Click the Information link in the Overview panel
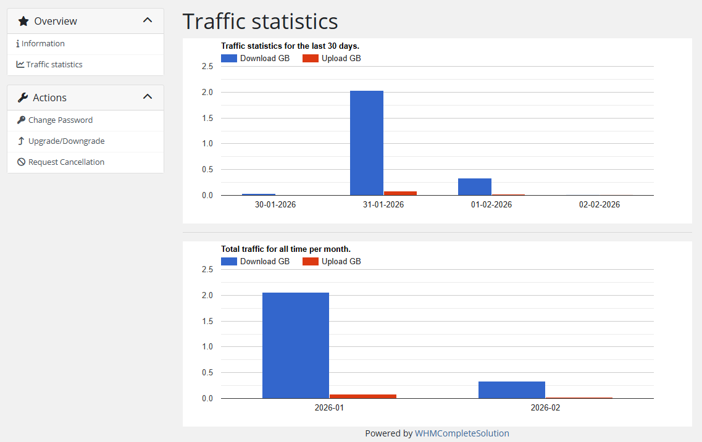[43, 44]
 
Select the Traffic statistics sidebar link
[54, 65]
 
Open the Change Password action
[60, 120]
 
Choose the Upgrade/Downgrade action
[66, 141]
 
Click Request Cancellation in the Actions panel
[66, 162]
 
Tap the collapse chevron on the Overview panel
[148, 20]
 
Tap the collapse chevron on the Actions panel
[148, 97]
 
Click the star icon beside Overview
[23, 21]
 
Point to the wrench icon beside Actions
[23, 98]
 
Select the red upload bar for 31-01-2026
[400, 193]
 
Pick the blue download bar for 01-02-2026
[475, 186]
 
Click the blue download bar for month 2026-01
[296, 345]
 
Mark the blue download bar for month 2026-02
[512, 390]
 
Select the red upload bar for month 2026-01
[363, 396]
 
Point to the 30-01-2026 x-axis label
[275, 204]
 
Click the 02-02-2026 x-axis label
[600, 204]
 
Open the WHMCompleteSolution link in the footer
[462, 433]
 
